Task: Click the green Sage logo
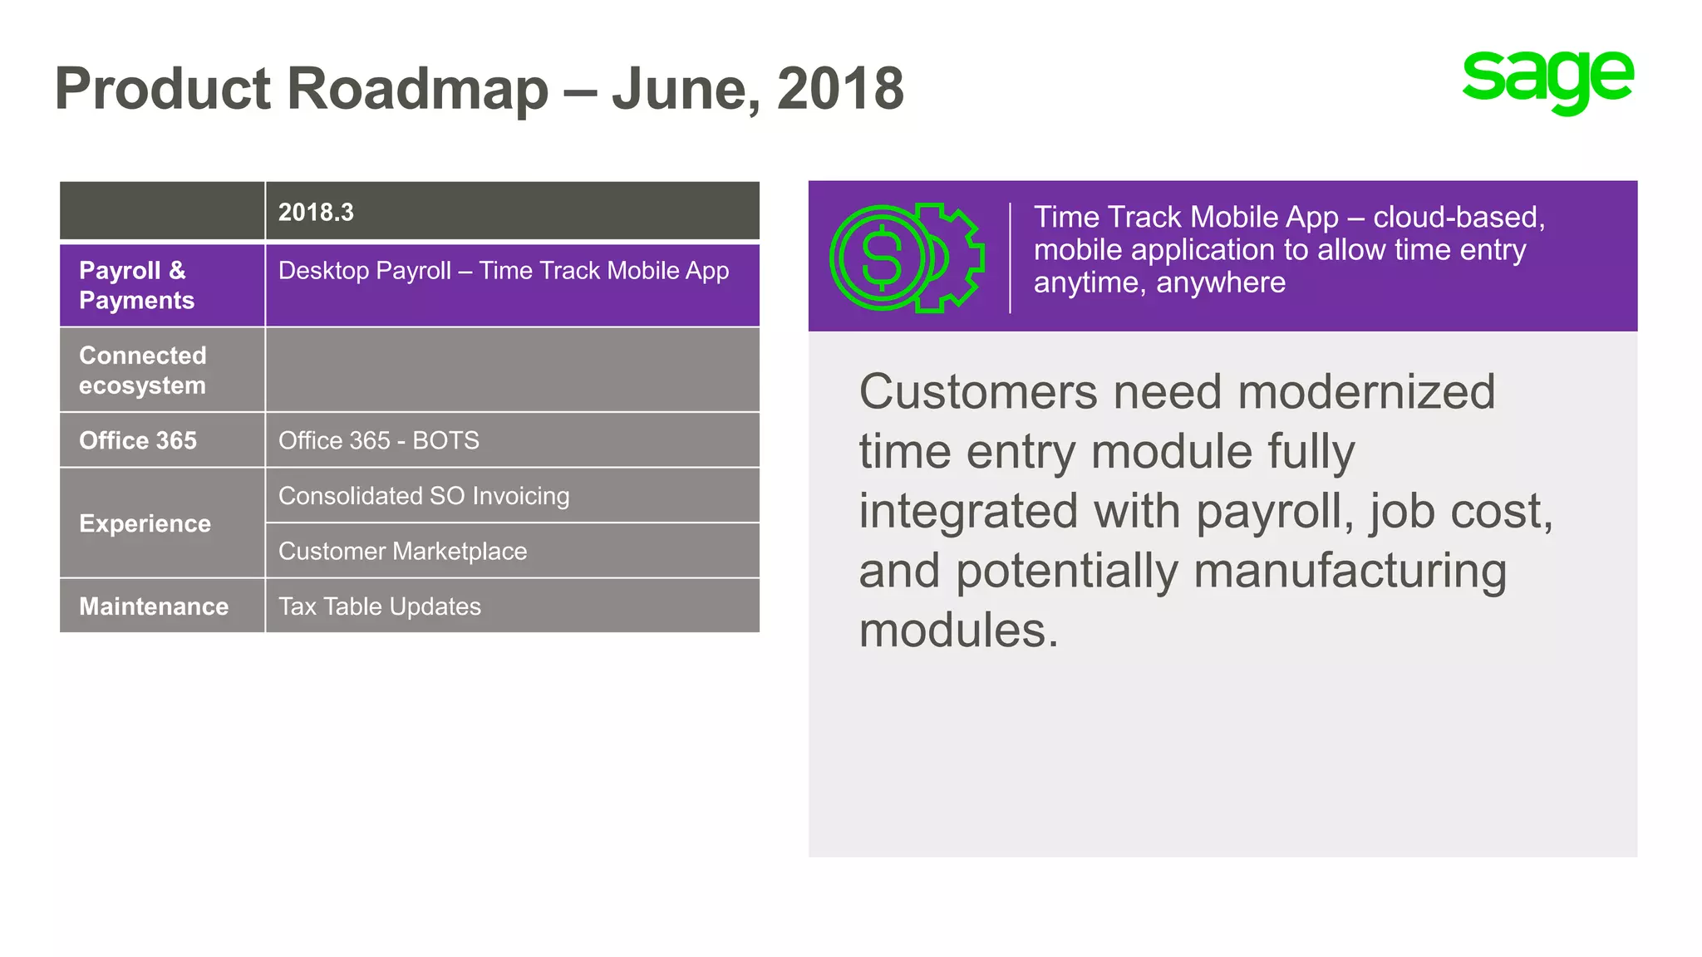(x=1547, y=81)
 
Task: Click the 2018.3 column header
(x=316, y=213)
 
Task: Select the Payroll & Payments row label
(x=137, y=285)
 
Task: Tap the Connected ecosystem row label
(x=143, y=371)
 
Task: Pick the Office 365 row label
(x=138, y=440)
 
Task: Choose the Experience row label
(x=145, y=523)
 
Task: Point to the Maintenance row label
(x=154, y=606)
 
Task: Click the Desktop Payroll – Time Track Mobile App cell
(x=504, y=271)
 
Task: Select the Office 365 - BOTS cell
(x=379, y=440)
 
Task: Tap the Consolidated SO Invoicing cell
(x=424, y=496)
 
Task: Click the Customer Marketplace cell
(x=403, y=552)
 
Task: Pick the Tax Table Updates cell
(x=380, y=606)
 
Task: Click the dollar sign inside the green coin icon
(x=882, y=258)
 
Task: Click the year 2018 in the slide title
(x=840, y=89)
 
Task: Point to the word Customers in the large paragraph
(x=978, y=392)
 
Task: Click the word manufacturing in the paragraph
(x=1350, y=572)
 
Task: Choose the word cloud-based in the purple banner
(x=1459, y=218)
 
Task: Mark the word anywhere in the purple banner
(x=1221, y=283)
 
